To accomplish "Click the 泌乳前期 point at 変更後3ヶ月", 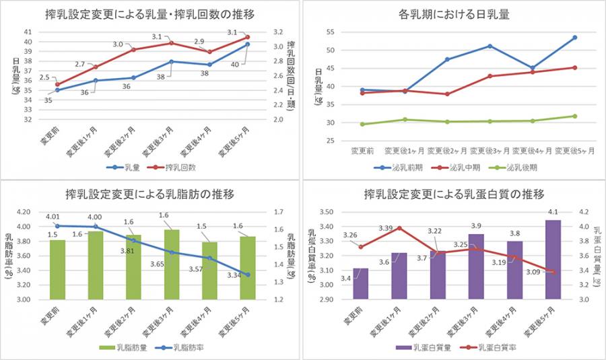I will pyautogui.click(x=490, y=46).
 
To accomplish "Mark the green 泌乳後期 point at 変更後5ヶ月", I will pyautogui.click(x=574, y=116).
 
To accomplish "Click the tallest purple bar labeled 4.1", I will pyautogui.click(x=552, y=259).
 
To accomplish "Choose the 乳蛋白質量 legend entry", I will pyautogui.click(x=425, y=348).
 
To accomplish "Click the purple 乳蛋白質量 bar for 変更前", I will pyautogui.click(x=361, y=283).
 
